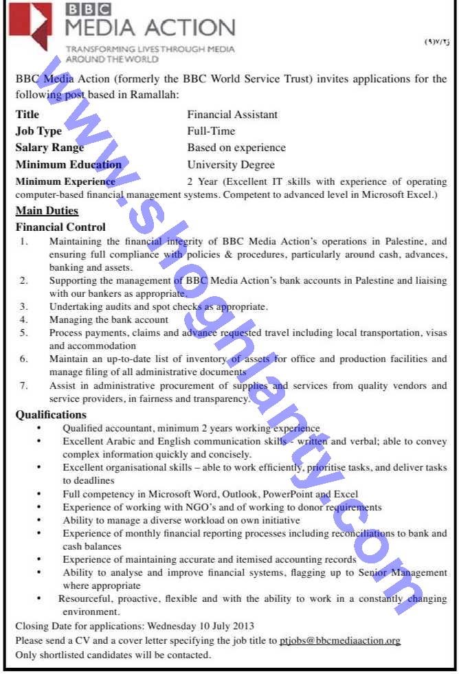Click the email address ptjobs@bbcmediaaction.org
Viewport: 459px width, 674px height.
tap(339, 640)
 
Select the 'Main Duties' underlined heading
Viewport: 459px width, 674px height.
tap(47, 211)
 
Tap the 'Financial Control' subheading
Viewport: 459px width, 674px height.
tap(60, 227)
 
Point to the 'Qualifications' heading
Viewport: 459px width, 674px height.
tap(51, 414)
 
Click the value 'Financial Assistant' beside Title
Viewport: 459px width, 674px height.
tap(232, 115)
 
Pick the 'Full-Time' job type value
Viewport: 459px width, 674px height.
tap(211, 131)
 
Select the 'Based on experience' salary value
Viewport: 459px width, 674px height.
tap(236, 148)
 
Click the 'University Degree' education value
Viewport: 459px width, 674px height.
tap(231, 165)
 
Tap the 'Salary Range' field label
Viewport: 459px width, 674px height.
tap(49, 148)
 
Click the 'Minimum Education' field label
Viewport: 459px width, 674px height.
tap(68, 165)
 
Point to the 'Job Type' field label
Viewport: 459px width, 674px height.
tap(38, 131)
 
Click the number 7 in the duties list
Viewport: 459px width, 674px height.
tap(24, 385)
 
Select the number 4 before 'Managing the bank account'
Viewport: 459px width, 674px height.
tap(24, 319)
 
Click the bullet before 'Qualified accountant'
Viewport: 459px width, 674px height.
tap(39, 428)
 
